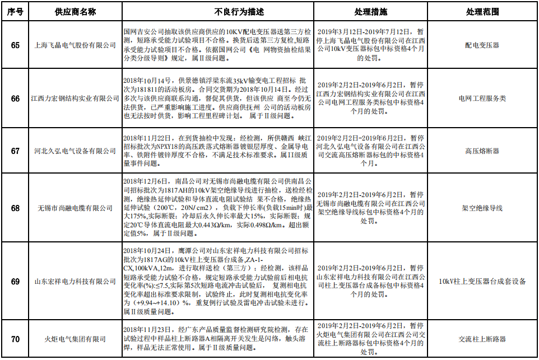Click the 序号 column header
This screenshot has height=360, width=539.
point(16,11)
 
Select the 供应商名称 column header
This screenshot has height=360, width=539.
point(75,11)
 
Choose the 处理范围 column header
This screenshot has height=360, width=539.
point(482,11)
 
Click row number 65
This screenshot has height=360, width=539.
point(16,45)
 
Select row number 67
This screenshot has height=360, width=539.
point(16,151)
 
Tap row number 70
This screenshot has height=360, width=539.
point(16,339)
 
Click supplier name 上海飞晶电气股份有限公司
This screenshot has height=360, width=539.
point(75,45)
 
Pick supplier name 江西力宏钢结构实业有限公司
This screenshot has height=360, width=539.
point(75,99)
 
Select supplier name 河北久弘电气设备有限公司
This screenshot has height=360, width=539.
point(75,151)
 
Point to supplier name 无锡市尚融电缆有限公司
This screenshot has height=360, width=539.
point(75,208)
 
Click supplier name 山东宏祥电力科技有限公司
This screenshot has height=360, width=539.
point(75,281)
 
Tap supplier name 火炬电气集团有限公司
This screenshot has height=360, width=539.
point(75,339)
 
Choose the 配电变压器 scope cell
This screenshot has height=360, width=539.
point(482,45)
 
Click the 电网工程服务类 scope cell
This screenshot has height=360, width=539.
point(482,99)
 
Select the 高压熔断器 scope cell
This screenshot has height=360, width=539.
point(482,151)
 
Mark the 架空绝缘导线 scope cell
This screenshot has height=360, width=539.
point(482,208)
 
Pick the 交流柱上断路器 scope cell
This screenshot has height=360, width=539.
point(482,339)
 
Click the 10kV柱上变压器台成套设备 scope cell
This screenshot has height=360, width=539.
point(482,281)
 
